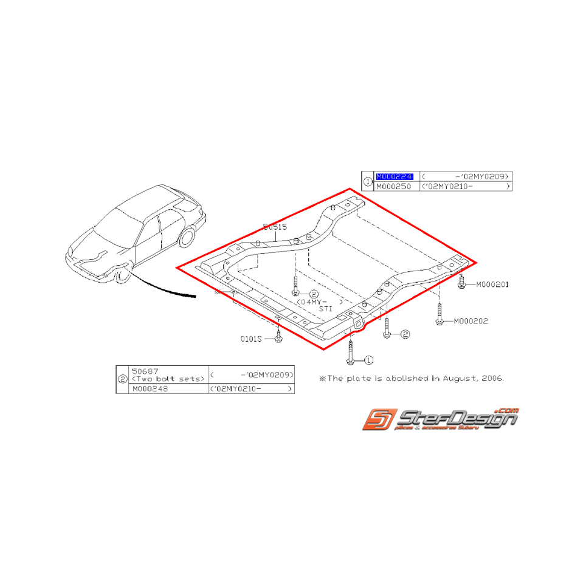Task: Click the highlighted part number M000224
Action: [x=395, y=176]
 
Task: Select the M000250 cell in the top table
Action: [x=395, y=186]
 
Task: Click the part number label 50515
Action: [x=275, y=226]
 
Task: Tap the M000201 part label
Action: [x=492, y=284]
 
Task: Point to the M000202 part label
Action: [x=470, y=321]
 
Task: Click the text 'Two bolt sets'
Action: [x=168, y=379]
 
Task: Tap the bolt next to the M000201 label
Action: [x=462, y=281]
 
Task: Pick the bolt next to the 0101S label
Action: [x=278, y=336]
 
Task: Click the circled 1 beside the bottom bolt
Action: [x=369, y=360]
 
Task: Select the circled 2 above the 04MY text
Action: [x=314, y=294]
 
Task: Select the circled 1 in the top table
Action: [x=367, y=181]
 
